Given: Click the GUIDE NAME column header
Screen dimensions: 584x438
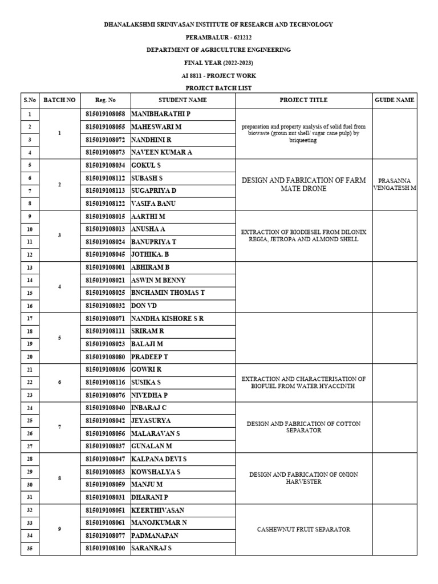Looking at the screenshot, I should [x=395, y=100].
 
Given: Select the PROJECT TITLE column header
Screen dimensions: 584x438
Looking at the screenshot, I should [x=303, y=100].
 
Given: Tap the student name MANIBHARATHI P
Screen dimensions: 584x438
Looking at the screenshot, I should [x=161, y=114].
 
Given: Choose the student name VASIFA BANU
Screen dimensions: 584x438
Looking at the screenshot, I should [x=153, y=204].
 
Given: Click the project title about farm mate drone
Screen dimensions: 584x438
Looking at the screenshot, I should [x=303, y=184].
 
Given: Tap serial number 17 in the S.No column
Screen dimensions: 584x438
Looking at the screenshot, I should [x=30, y=318].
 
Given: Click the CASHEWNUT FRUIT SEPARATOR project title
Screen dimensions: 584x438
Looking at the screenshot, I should [x=303, y=530].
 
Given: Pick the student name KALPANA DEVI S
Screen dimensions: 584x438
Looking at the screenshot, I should [x=159, y=459].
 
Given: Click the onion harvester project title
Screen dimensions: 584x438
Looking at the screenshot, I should [x=303, y=478].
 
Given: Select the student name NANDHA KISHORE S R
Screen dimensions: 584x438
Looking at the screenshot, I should [x=168, y=318].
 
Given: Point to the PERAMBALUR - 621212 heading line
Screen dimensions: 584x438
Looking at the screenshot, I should [x=218, y=37].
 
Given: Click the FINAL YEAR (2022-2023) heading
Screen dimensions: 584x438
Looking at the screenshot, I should [x=218, y=63].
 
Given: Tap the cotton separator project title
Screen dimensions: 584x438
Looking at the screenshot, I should [x=303, y=427].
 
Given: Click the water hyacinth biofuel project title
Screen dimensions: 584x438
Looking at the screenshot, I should [x=303, y=382].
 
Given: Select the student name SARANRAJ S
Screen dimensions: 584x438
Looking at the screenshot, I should [x=152, y=549].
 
